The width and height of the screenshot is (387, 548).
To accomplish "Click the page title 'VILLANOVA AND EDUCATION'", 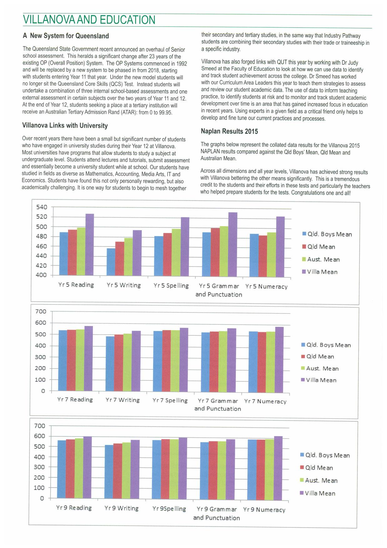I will [89, 20].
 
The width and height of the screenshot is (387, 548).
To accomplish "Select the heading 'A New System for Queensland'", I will [66, 36].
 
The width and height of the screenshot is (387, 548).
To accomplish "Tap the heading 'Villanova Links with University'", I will [65, 126].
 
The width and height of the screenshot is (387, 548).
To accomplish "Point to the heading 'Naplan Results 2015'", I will [229, 132].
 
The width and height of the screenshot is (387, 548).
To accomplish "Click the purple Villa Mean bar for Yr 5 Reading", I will [90, 245].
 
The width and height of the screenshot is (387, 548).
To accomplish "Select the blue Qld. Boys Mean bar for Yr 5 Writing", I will [111, 262].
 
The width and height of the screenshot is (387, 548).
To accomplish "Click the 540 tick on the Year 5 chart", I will [42, 207].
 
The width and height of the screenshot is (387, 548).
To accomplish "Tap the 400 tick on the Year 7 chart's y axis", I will [41, 346].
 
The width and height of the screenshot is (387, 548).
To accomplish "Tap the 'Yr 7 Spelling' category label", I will [170, 401].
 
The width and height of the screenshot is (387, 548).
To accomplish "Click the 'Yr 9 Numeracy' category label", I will [264, 510].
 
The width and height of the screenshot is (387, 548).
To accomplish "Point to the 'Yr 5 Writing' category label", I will [124, 285].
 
